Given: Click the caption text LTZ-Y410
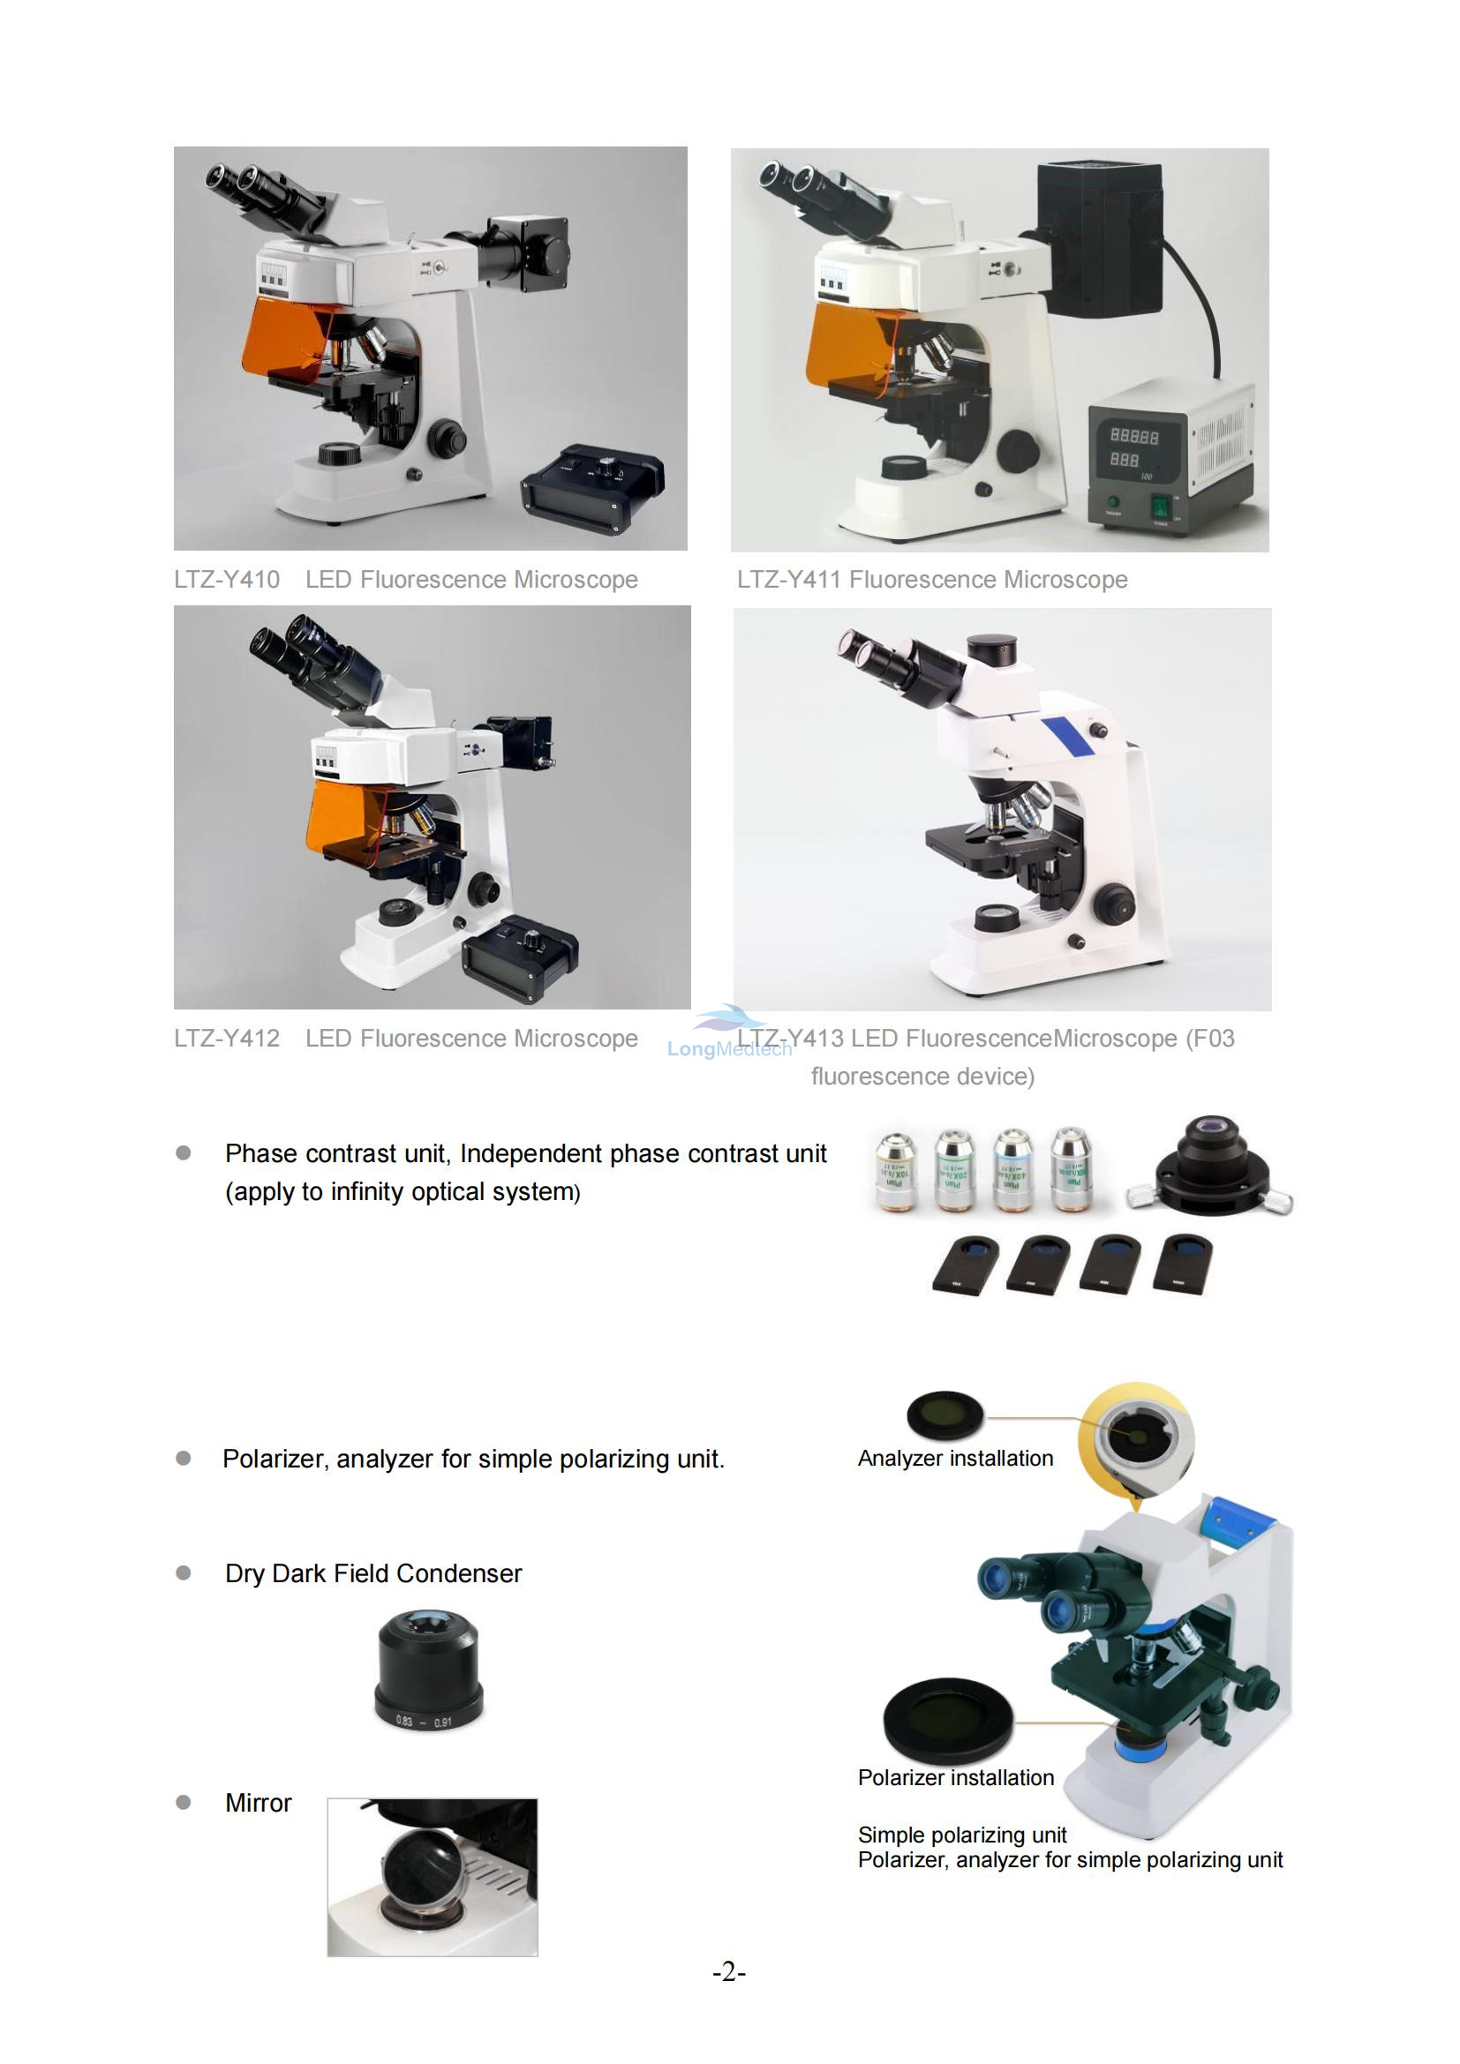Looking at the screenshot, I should [227, 580].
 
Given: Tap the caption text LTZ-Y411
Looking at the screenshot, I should [789, 580].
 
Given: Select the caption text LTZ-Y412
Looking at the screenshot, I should [227, 1039].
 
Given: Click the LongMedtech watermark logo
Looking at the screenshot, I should [729, 1034].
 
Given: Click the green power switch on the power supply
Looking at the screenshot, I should [1160, 507].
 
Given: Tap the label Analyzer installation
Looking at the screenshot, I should [955, 1458].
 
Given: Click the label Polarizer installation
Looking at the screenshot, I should [956, 1777].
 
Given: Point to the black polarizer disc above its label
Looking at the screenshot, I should [948, 1718].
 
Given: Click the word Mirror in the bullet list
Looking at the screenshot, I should [258, 1804].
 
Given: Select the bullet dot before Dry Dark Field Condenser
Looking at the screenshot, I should [184, 1573].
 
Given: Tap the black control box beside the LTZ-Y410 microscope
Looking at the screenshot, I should [593, 491].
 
